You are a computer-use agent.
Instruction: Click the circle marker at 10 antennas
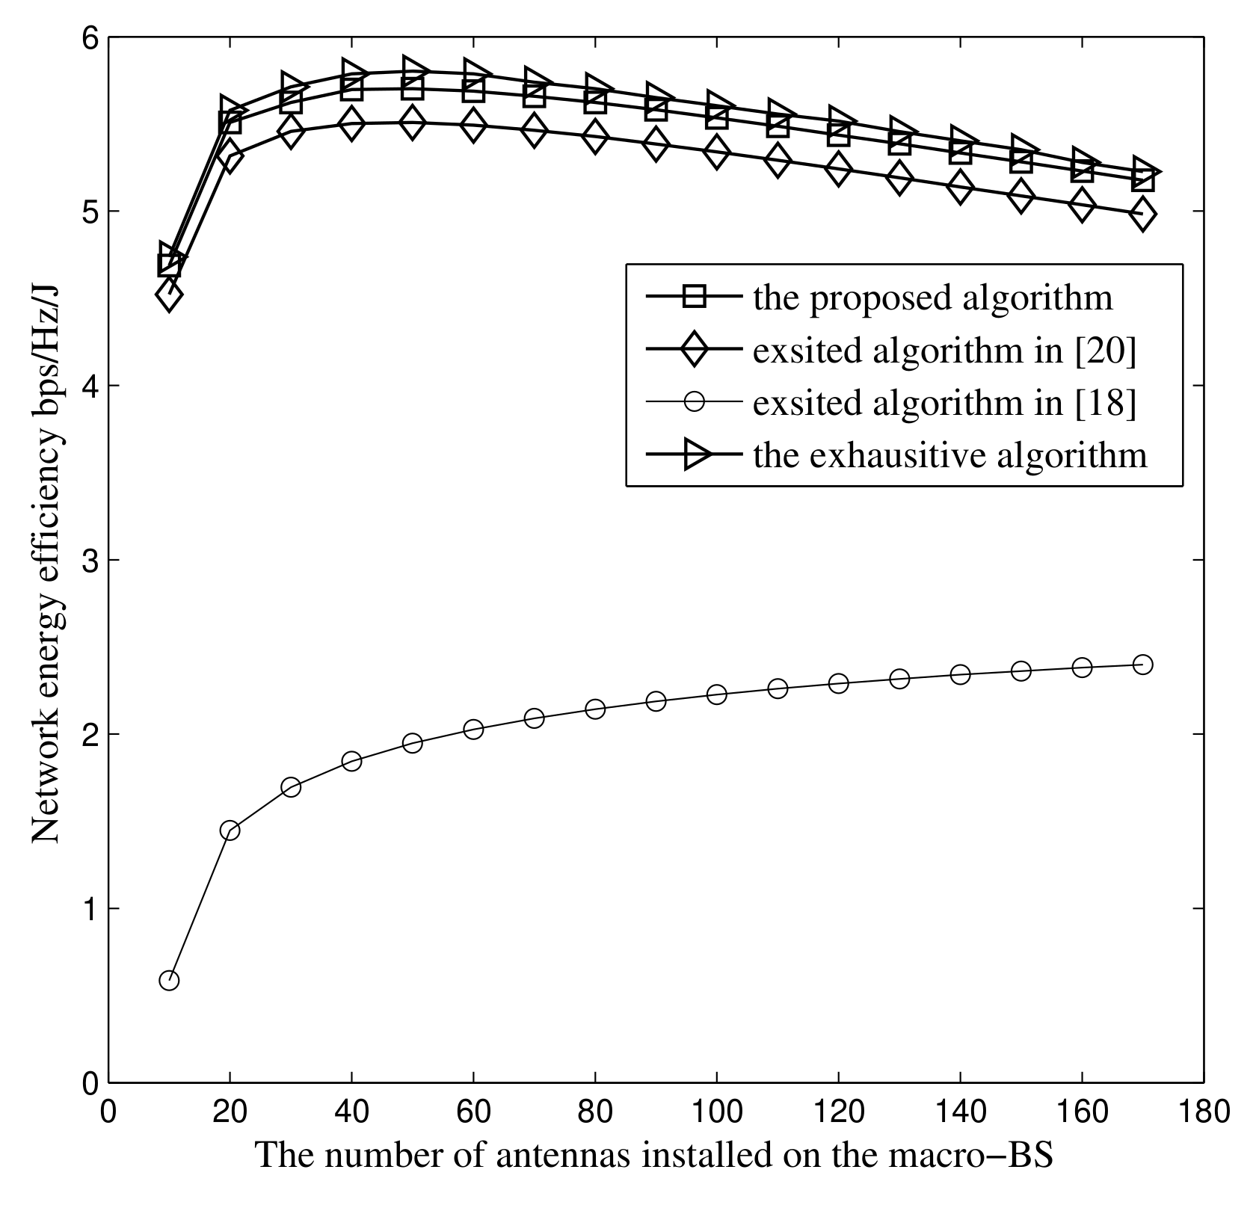(169, 981)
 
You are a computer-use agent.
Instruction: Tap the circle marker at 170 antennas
(1142, 665)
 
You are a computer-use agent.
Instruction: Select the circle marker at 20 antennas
(230, 831)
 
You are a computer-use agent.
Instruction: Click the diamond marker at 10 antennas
(169, 295)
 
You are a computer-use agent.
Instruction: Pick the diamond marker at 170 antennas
(1142, 214)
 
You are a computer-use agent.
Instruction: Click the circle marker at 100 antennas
(716, 694)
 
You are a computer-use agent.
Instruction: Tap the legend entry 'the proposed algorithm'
(932, 298)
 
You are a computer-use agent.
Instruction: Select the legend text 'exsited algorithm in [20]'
(944, 351)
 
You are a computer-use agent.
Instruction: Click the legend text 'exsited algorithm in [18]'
(944, 403)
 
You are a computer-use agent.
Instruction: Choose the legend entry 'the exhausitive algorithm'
(949, 455)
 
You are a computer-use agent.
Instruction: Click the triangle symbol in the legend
(694, 455)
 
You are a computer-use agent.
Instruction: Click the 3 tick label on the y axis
(90, 560)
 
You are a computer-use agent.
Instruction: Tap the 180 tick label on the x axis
(1203, 1112)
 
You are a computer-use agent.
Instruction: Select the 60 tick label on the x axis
(473, 1112)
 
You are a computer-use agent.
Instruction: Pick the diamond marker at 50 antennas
(412, 123)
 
